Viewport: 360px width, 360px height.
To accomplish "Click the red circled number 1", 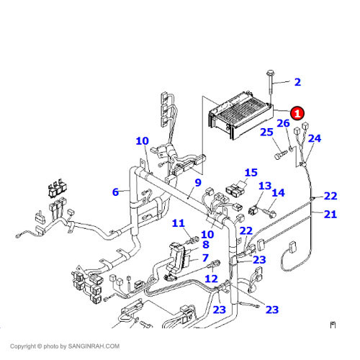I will click(298, 113).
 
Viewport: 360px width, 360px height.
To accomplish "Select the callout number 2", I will click(297, 83).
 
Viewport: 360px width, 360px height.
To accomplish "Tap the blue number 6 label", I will click(115, 192).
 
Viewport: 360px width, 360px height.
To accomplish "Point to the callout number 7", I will click(205, 258).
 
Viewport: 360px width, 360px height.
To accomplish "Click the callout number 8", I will click(205, 246).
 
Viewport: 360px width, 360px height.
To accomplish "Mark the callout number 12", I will click(211, 279).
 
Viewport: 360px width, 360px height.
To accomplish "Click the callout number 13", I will click(265, 186).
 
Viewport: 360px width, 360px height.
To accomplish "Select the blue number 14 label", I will click(278, 193).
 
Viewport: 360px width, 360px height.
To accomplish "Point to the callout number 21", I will click(330, 214).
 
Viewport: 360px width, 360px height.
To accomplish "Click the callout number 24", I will click(315, 138).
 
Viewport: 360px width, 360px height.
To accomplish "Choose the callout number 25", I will click(266, 132).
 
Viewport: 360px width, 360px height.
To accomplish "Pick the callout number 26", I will click(283, 124).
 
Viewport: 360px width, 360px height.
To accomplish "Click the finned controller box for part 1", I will click(240, 115).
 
